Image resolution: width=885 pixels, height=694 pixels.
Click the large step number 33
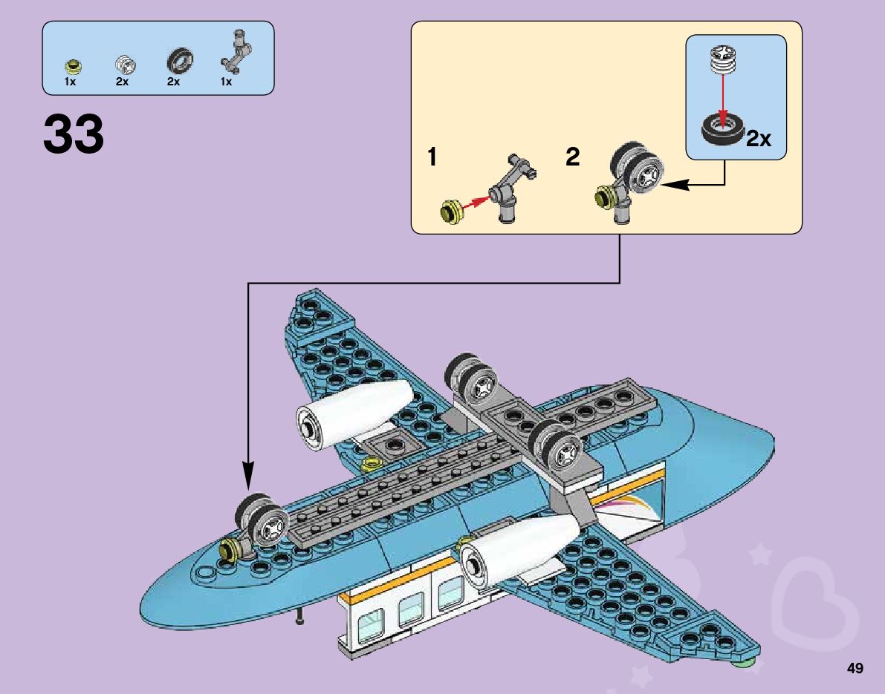click(x=74, y=134)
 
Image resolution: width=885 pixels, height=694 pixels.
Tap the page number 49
click(x=855, y=668)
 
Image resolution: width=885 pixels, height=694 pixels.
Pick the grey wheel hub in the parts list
click(x=123, y=65)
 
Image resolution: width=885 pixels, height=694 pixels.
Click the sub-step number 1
click(x=432, y=157)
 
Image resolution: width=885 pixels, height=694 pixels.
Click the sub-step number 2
click(x=572, y=157)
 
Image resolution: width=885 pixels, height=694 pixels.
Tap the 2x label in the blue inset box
click(x=759, y=138)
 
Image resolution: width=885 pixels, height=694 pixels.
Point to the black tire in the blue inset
click(x=722, y=131)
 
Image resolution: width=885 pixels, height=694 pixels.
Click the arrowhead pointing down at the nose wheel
click(x=247, y=475)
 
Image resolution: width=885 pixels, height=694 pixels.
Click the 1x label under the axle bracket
click(x=226, y=82)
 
